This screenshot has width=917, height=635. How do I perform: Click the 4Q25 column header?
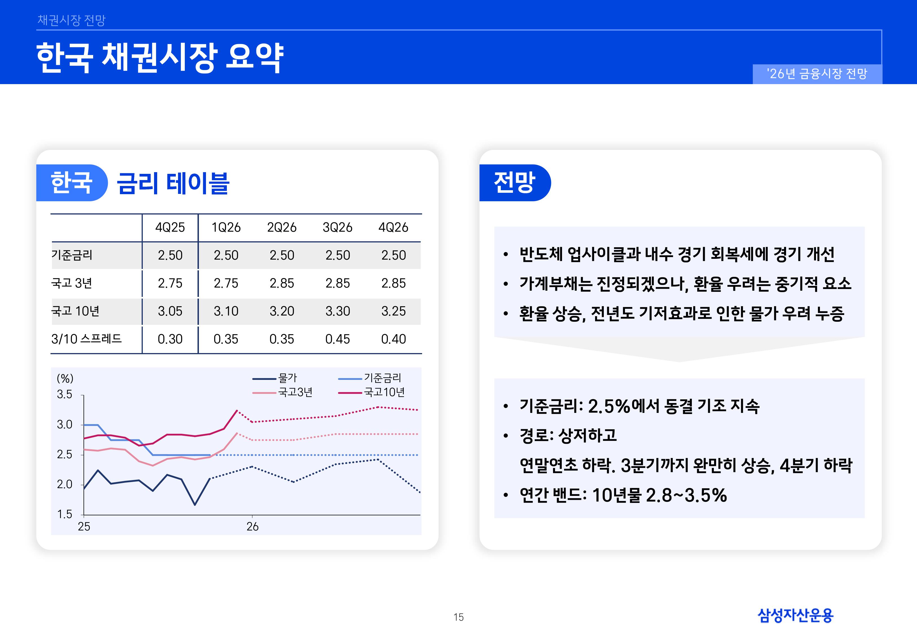tap(170, 227)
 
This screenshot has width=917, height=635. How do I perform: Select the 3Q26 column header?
tap(337, 227)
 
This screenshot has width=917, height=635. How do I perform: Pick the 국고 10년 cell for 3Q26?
tap(337, 311)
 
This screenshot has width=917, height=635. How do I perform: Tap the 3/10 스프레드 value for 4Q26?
tap(393, 339)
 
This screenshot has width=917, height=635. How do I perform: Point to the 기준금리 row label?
tap(72, 255)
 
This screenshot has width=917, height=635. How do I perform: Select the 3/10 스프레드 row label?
tap(86, 339)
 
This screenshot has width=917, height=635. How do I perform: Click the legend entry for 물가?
tap(287, 378)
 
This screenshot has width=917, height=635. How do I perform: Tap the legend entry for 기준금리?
tap(382, 378)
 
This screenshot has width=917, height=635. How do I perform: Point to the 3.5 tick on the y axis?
tap(64, 394)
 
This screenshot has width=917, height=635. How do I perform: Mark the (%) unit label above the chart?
tap(65, 378)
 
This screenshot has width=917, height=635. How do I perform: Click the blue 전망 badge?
tap(515, 183)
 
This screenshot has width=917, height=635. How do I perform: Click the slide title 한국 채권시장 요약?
tap(160, 57)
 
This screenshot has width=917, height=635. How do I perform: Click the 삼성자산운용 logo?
tap(795, 615)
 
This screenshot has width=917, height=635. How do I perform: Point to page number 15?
tap(458, 617)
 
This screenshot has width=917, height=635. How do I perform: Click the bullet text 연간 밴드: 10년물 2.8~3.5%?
tap(623, 495)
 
